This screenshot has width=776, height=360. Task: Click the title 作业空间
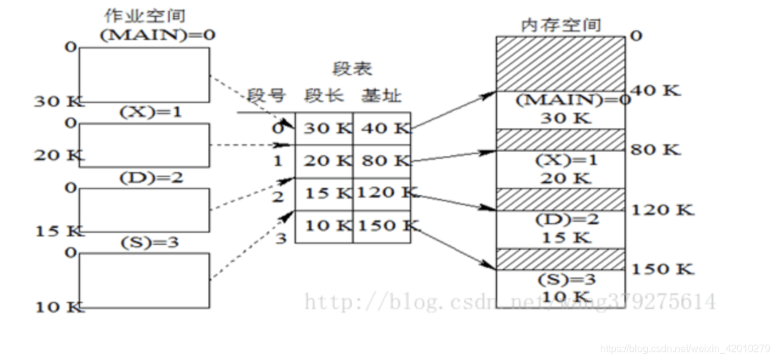click(x=145, y=16)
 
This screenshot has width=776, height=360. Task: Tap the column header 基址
click(x=381, y=96)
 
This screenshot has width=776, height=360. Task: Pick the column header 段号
click(x=266, y=96)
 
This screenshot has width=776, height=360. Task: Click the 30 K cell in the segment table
click(x=324, y=128)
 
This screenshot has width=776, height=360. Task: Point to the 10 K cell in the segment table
click(x=324, y=226)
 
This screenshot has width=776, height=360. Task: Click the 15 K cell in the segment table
click(x=324, y=193)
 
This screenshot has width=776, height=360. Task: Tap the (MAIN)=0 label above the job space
click(x=158, y=36)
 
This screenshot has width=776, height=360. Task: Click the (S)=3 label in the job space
click(x=148, y=242)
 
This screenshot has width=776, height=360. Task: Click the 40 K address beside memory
click(x=655, y=90)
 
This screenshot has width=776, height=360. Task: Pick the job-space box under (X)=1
click(x=144, y=145)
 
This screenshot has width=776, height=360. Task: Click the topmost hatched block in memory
click(x=561, y=63)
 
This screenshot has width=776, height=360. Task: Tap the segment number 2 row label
click(x=278, y=197)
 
